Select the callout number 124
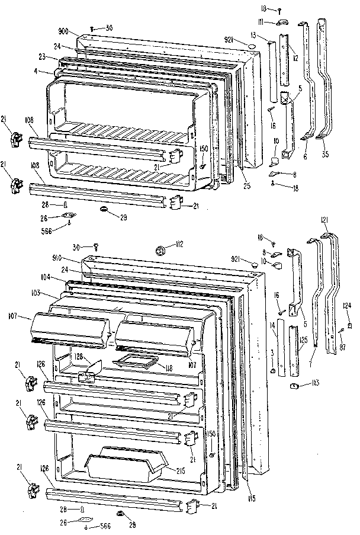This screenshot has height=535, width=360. [347, 306]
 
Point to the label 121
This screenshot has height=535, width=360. [324, 220]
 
